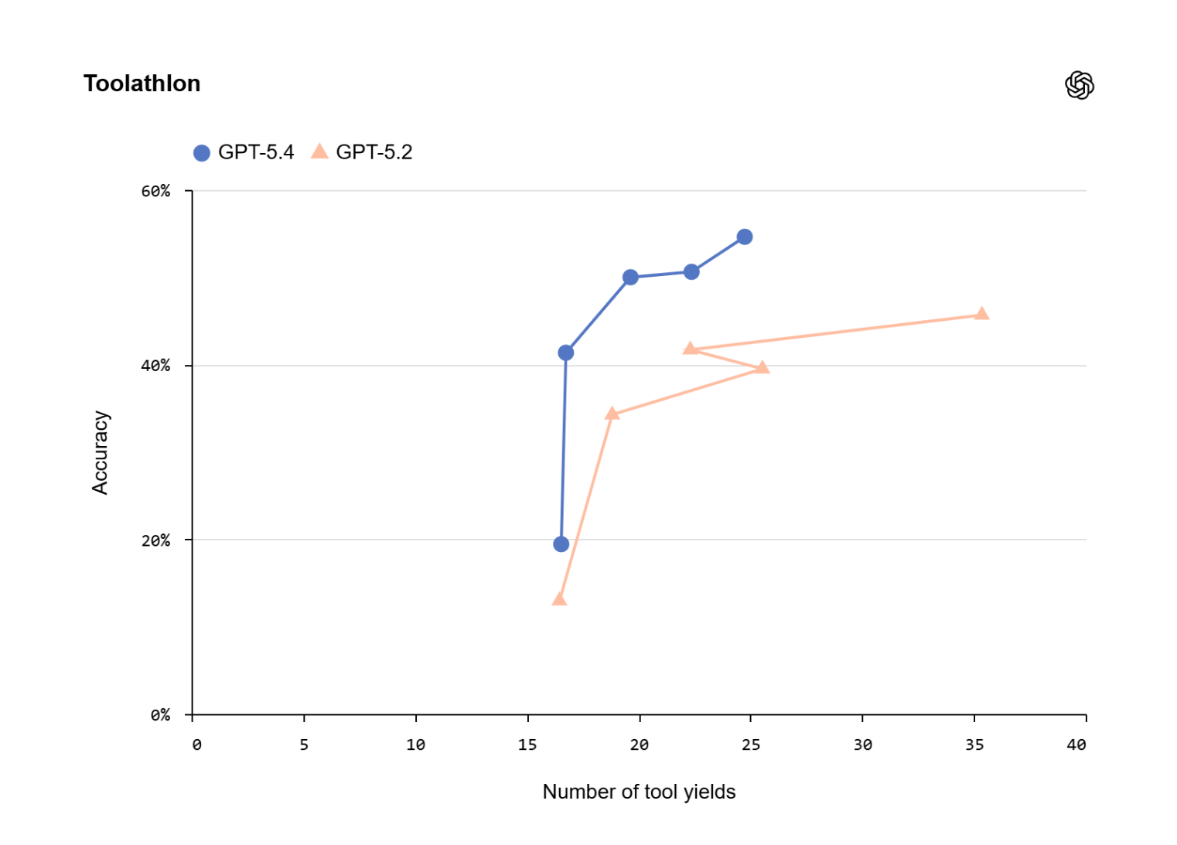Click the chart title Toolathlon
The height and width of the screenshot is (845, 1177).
(142, 83)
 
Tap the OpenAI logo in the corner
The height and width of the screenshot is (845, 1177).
(1079, 85)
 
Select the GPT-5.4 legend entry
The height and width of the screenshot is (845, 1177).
(244, 152)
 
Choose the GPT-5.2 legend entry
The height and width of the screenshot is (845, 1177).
(363, 152)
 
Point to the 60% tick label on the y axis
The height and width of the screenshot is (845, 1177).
(155, 191)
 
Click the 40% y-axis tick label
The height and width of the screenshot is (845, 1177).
(155, 366)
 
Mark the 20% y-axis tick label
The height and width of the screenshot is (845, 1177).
(155, 540)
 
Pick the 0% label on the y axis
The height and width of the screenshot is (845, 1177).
(160, 715)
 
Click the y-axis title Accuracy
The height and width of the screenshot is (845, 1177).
(101, 452)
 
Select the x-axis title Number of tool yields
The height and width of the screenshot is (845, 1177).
(639, 792)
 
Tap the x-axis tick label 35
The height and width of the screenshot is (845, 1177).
(974, 744)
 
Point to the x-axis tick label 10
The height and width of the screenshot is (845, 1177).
(415, 744)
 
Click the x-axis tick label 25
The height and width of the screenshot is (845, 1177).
(751, 744)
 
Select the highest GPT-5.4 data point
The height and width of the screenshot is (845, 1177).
(744, 237)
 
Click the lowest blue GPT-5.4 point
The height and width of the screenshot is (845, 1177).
(561, 544)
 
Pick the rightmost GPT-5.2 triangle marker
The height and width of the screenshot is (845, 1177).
(981, 314)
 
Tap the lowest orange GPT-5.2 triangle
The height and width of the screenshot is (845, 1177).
(559, 599)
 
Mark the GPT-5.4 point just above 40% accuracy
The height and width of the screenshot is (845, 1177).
(565, 353)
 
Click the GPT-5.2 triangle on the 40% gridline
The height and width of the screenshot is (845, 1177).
(762, 367)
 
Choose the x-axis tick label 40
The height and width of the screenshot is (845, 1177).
(1076, 744)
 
